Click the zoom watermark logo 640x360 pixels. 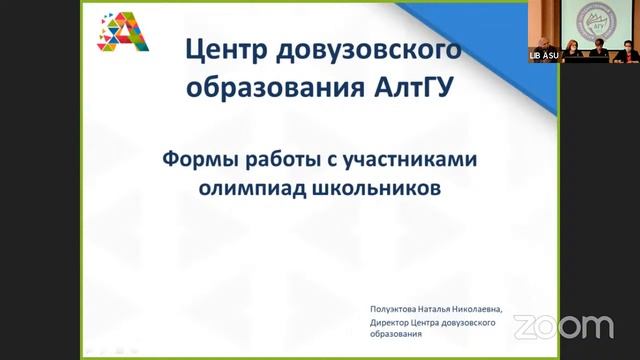point(564,325)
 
